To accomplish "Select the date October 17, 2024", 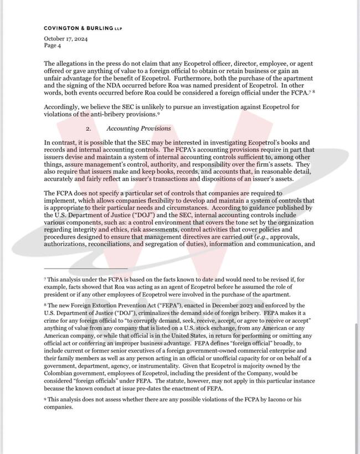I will [x=65, y=39].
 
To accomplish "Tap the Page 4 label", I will [x=54, y=45].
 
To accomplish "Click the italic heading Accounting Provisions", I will [x=138, y=128].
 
